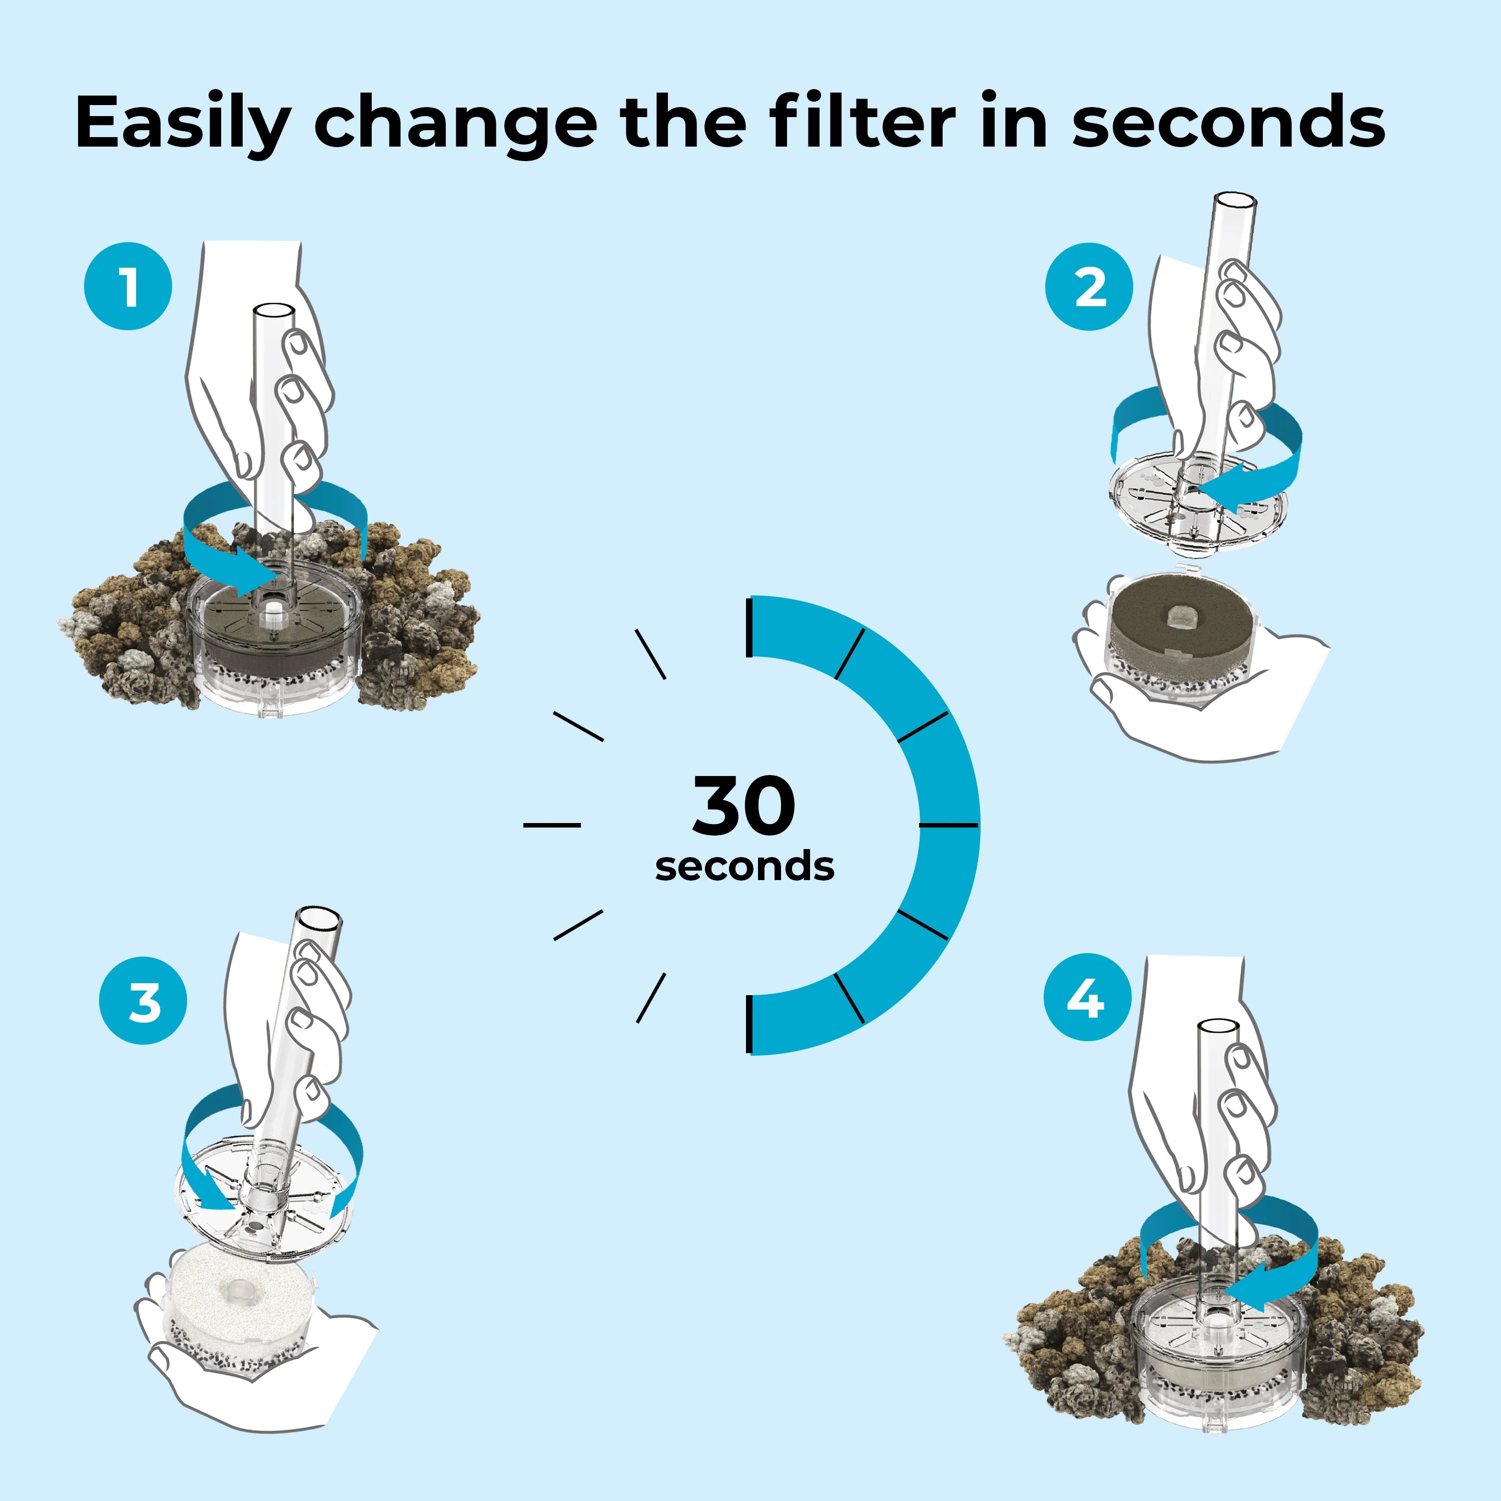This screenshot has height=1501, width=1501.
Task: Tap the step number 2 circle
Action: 1089,287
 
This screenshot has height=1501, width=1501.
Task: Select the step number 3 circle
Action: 143,1001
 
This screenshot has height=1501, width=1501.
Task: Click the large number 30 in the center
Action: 743,807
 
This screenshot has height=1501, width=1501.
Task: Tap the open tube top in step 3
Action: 320,920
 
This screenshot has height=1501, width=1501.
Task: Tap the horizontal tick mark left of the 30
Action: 551,825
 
